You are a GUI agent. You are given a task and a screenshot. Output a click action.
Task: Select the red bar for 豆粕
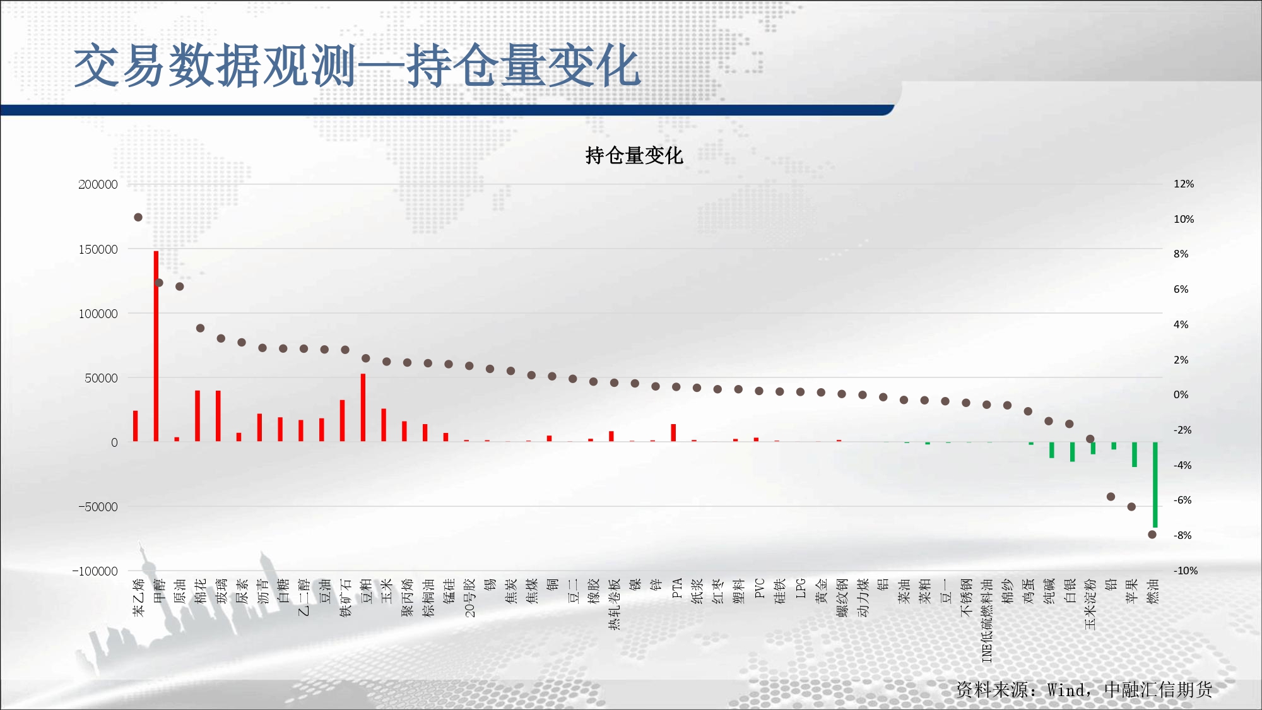pyautogui.click(x=363, y=408)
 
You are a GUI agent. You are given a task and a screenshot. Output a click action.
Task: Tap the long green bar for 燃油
pyautogui.click(x=1155, y=485)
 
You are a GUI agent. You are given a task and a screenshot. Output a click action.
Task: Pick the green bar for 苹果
pyautogui.click(x=1134, y=454)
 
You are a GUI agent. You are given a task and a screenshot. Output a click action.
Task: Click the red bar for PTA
pyautogui.click(x=673, y=433)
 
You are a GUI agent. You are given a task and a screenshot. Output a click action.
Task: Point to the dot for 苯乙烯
pyautogui.click(x=138, y=217)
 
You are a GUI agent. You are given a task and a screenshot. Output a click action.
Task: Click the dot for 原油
pyautogui.click(x=180, y=287)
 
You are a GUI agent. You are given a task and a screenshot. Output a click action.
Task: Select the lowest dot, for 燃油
pyautogui.click(x=1152, y=535)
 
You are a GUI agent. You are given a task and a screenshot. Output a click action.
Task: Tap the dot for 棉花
pyautogui.click(x=200, y=328)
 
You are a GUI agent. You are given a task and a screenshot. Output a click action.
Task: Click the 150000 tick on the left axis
pyautogui.click(x=98, y=249)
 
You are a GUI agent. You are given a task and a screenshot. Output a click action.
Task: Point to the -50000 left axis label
pyautogui.click(x=95, y=507)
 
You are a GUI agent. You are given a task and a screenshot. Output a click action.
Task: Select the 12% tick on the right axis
pyautogui.click(x=1184, y=184)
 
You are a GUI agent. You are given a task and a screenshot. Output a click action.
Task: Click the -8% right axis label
pyautogui.click(x=1182, y=535)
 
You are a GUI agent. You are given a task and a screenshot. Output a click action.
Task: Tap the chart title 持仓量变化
pyautogui.click(x=634, y=155)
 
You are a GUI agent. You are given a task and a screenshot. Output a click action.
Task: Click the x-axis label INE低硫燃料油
pyautogui.click(x=988, y=620)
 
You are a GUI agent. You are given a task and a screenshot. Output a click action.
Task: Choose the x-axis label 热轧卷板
pyautogui.click(x=615, y=604)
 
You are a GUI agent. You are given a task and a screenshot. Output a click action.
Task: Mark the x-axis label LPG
pyautogui.click(x=801, y=588)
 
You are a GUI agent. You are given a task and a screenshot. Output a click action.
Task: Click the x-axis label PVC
pyautogui.click(x=760, y=588)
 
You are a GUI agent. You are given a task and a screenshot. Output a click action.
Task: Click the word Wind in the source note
pyautogui.click(x=1066, y=690)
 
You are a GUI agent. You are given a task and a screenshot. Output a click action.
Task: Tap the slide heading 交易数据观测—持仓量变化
pyautogui.click(x=357, y=66)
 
